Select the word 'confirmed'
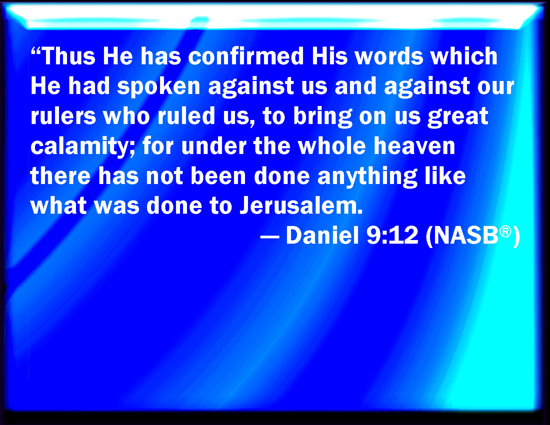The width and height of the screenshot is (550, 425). click(246, 56)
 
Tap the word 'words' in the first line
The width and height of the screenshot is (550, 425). click(389, 56)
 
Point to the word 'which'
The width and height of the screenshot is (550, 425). click(464, 56)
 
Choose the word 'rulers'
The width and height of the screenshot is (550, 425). click(63, 116)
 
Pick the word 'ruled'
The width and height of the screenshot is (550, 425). click(186, 116)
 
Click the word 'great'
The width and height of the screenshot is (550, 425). click(458, 118)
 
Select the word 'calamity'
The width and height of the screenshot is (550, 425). click(80, 147)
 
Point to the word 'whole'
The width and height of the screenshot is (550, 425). click(332, 146)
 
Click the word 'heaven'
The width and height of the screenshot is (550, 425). click(414, 146)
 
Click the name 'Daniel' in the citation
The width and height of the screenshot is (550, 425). click(322, 235)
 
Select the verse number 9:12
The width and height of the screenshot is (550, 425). click(393, 235)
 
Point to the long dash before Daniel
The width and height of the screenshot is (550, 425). click(270, 237)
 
